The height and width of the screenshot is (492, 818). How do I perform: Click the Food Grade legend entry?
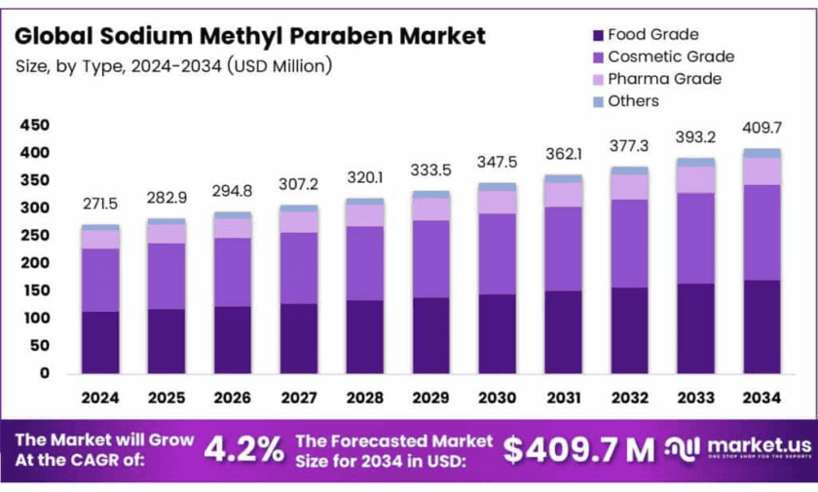652,35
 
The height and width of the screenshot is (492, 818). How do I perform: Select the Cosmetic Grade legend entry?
671,57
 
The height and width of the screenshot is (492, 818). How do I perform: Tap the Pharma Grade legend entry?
664,79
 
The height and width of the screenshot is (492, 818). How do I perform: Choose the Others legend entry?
633,101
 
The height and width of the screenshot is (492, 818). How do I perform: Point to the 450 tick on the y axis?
34,126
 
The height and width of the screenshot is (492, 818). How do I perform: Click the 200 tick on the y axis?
34,263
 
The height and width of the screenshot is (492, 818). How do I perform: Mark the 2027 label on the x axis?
298,397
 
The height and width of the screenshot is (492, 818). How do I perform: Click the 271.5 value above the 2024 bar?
100,205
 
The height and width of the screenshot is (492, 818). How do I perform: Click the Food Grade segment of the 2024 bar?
100,342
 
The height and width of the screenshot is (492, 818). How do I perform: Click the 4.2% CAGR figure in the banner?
243,448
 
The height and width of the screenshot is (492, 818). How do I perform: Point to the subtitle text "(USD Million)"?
280,66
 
